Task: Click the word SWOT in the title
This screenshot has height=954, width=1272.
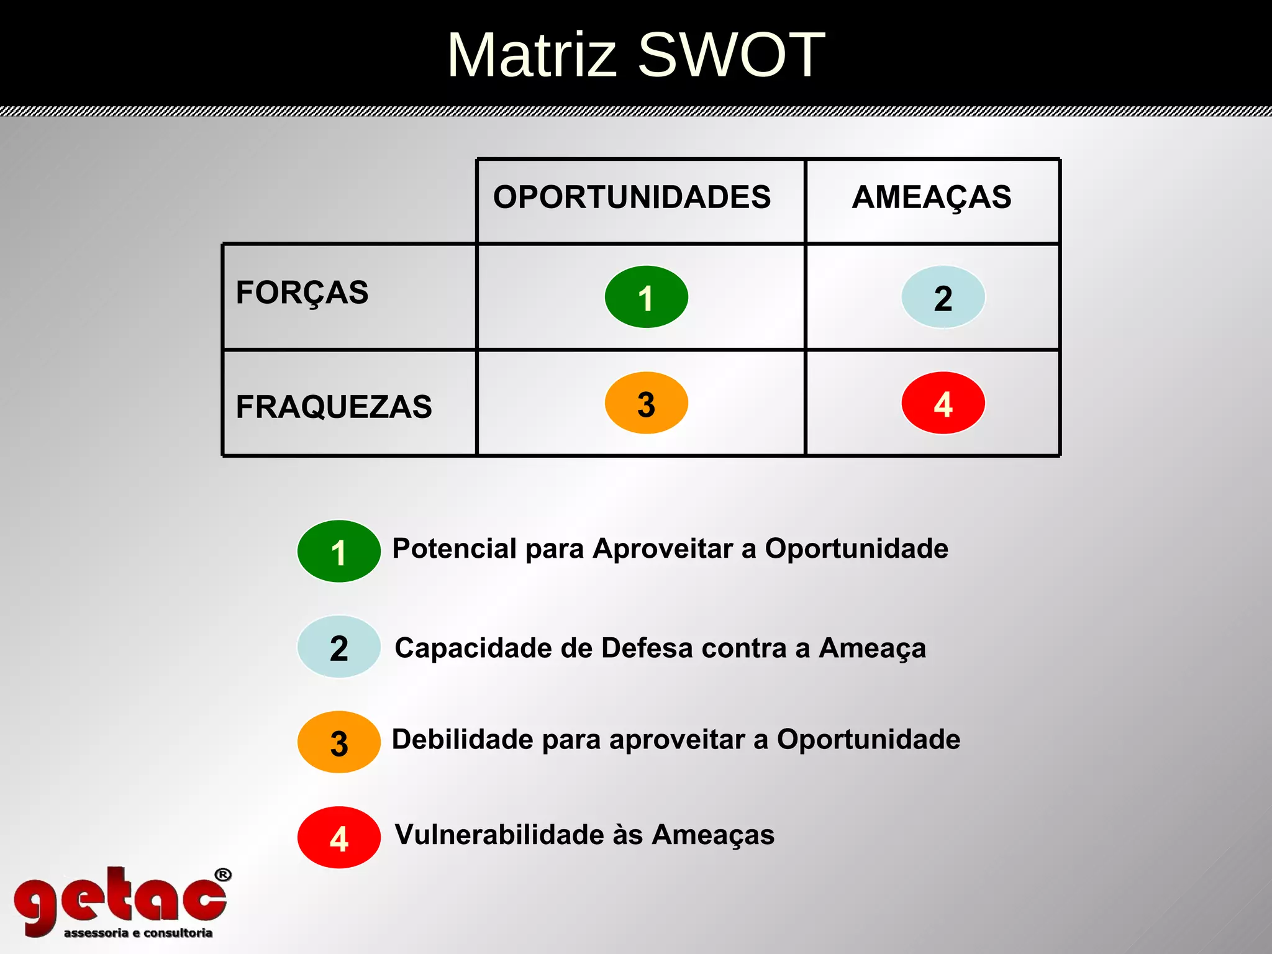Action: [731, 55]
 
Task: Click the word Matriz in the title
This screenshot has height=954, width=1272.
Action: [532, 55]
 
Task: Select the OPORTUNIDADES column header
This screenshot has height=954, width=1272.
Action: [632, 198]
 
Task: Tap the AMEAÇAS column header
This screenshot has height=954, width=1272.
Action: [932, 198]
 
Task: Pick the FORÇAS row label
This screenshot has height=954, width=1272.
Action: [302, 293]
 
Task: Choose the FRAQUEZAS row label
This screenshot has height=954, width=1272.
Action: [334, 407]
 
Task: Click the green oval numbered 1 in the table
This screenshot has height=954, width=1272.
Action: [646, 297]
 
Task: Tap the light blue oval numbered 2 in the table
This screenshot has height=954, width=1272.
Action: [943, 297]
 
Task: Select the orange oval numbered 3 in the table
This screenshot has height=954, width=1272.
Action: [646, 403]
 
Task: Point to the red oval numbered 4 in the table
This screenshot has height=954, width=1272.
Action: [943, 403]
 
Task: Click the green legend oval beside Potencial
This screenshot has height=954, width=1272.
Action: [338, 551]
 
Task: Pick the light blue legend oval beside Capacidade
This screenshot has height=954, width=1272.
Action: [338, 647]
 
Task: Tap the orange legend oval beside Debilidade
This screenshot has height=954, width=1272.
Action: [338, 742]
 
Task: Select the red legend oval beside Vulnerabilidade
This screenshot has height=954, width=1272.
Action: [338, 838]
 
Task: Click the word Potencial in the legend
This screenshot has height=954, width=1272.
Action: [454, 549]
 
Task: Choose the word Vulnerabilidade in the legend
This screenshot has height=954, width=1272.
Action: [499, 835]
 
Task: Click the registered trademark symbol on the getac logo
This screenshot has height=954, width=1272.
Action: [223, 875]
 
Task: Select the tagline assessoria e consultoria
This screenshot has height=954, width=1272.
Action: [138, 933]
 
